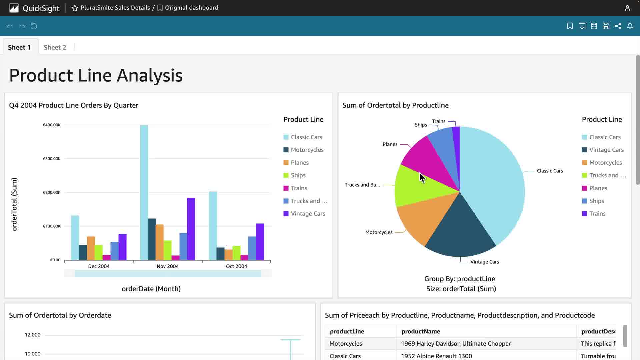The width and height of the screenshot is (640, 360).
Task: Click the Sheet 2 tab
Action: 55,47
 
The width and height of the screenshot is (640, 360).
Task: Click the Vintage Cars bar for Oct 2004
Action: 260,242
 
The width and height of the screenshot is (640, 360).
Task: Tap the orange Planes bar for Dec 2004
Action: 91,248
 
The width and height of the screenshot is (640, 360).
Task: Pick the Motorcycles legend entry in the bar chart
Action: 307,150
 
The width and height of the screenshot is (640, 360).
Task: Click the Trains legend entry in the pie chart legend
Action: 597,214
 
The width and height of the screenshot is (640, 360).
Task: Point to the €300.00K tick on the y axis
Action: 52,159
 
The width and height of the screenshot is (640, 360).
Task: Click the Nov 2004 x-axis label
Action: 168,266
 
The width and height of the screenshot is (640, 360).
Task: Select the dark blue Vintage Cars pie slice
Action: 460,233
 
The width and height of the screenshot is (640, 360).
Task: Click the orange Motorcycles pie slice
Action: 420,220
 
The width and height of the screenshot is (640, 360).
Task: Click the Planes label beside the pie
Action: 390,144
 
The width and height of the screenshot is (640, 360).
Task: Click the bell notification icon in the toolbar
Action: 630,26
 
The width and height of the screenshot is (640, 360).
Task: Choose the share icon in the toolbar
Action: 618,26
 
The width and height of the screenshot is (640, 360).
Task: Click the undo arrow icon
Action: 10,26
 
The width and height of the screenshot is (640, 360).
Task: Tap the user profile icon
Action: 627,8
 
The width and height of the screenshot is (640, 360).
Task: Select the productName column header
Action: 421,331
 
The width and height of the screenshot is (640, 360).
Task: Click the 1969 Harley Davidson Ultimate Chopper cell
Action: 456,344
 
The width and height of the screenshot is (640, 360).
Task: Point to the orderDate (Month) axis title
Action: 151,289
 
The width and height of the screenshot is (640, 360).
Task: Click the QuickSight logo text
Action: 41,8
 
